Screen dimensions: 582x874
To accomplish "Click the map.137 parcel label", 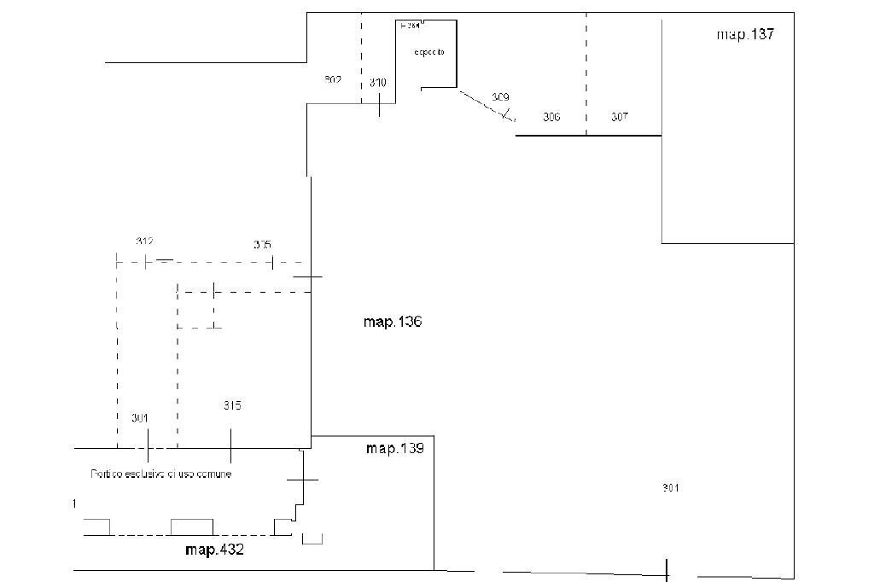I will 745,35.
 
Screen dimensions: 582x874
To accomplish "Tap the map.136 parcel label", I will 393,322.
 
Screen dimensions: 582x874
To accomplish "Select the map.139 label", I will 394,448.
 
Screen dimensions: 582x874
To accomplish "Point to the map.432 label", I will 214,550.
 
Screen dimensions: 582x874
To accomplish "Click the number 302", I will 333,79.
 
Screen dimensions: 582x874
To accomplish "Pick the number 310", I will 378,83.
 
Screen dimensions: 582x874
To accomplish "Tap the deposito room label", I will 429,53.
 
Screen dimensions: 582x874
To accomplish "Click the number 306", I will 551,117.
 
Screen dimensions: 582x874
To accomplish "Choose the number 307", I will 620,117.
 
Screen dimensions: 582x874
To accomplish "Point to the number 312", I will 144,242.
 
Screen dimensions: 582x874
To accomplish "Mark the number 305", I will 263,245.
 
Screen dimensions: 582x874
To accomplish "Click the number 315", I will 232,405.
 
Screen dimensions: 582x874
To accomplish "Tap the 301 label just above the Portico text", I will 140,418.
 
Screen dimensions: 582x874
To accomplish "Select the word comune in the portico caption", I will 213,474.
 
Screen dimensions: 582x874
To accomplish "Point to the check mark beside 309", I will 508,113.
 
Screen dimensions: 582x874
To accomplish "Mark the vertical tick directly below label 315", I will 231,445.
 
